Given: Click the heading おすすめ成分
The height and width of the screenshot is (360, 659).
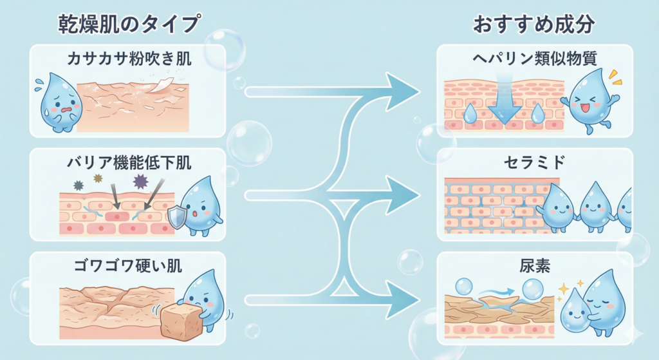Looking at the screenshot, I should tap(534, 24).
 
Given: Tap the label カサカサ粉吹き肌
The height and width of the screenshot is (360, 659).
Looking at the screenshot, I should tap(130, 61).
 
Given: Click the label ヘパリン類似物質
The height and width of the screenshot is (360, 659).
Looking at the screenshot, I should tap(534, 60).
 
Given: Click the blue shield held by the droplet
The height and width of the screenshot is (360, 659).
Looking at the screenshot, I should tap(177, 218).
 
